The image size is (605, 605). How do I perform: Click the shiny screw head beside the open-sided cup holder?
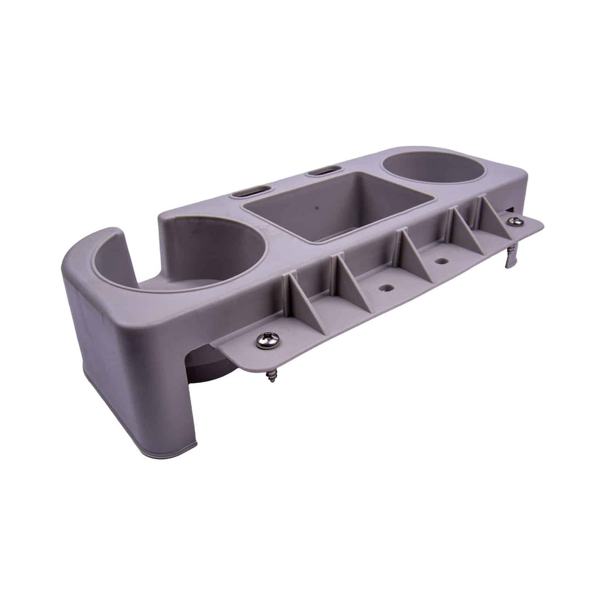[x=267, y=341]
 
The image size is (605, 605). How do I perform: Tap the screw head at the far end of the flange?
[x=515, y=222]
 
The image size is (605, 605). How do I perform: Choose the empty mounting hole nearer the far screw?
[x=442, y=261]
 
